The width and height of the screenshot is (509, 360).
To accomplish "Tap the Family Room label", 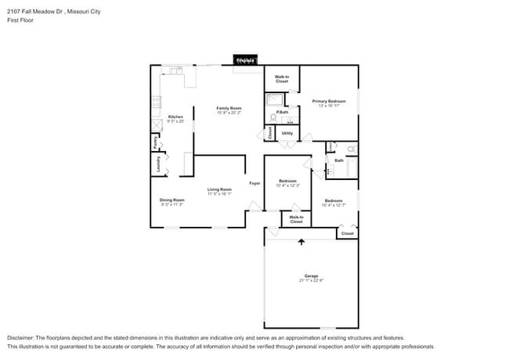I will tap(229, 108).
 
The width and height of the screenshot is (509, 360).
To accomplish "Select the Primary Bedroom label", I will tap(329, 101).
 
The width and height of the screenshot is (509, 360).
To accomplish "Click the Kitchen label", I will tap(175, 117).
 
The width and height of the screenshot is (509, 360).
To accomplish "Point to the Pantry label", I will tap(156, 143).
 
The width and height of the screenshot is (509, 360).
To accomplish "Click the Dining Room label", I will tap(172, 200).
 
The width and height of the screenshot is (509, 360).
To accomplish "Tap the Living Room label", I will tap(219, 189).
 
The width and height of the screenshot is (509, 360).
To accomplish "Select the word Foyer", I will tap(254, 183).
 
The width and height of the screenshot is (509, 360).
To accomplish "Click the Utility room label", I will tap(287, 133).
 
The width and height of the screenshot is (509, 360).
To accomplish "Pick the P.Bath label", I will tap(282, 113).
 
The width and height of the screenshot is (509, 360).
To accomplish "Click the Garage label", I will tap(312, 276).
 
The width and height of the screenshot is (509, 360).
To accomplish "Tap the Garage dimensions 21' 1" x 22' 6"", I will tap(312, 281).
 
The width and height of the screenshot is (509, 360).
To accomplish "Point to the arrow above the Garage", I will tap(301, 242).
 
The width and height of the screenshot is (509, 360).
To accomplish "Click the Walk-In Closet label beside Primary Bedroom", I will tap(282, 79).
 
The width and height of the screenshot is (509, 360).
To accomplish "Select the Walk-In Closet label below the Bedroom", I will tap(296, 219).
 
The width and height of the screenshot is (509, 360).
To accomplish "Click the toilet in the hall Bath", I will tap(351, 148).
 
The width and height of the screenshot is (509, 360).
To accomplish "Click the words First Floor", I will tap(20, 21).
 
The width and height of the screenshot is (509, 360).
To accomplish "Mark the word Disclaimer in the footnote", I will tap(21, 337).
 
